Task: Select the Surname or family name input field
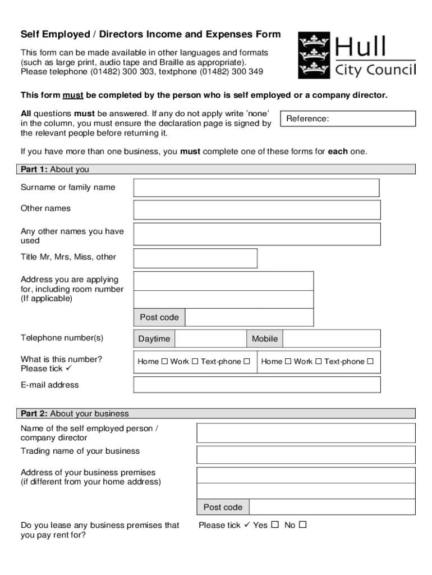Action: [x=256, y=188]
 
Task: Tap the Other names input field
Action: [x=256, y=209]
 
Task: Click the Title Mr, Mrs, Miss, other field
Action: [x=195, y=258]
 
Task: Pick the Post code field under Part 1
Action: [x=249, y=317]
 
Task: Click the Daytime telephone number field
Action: [x=210, y=339]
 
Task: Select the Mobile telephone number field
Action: [x=331, y=339]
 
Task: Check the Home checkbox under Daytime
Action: [x=164, y=362]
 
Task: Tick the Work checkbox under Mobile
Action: [x=318, y=362]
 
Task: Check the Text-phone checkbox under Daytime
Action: [x=246, y=362]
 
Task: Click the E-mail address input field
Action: [x=256, y=385]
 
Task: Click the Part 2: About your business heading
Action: [x=75, y=414]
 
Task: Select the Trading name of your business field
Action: [x=305, y=454]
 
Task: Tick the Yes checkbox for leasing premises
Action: [x=274, y=525]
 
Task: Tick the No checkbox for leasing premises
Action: [x=302, y=525]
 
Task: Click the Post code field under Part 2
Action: [x=331, y=507]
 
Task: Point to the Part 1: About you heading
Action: [x=55, y=170]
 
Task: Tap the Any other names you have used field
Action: [x=256, y=234]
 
